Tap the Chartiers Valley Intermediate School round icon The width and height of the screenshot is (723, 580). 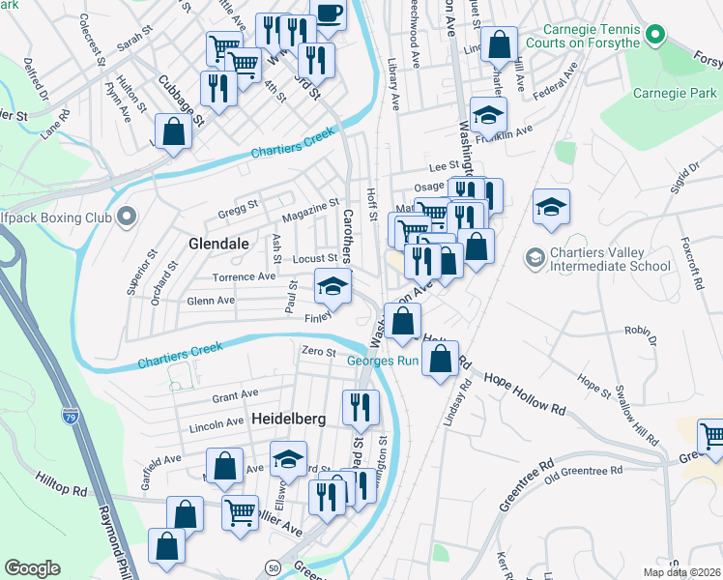tap(535, 258)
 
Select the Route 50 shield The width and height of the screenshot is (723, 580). tap(275, 566)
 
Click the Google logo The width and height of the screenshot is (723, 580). tap(33, 568)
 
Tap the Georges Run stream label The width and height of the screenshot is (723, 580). tap(382, 362)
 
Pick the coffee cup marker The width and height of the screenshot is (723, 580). tap(329, 14)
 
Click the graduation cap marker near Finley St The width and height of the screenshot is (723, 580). tap(333, 287)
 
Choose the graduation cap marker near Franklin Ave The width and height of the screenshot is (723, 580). tap(489, 115)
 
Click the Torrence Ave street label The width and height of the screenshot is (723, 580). tap(245, 276)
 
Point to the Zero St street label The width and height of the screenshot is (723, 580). tap(318, 351)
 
